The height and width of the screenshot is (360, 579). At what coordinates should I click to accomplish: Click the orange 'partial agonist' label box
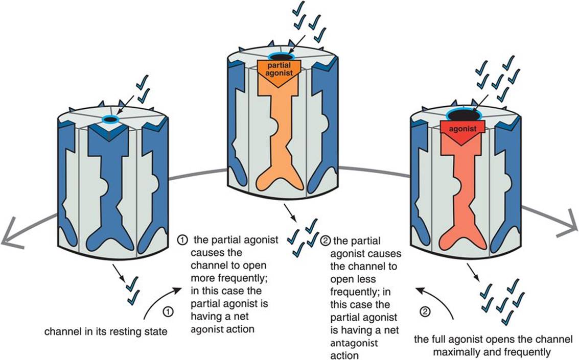pos(280,72)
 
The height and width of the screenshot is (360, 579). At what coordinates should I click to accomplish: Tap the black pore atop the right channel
pos(465,115)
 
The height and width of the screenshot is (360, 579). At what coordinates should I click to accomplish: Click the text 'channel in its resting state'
pos(106,331)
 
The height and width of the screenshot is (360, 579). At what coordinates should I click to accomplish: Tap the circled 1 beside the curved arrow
pos(168,311)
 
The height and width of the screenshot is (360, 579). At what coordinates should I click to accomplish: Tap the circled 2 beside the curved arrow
pos(425,311)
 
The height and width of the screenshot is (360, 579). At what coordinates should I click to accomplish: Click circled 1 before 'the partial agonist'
pos(182,240)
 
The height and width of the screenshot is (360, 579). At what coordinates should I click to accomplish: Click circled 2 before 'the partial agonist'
pos(326,241)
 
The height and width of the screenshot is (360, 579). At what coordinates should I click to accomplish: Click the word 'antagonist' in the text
pos(354,343)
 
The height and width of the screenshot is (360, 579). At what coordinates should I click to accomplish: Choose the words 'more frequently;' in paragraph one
pos(228,278)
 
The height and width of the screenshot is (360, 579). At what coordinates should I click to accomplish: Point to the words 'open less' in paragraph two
pos(353,279)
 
